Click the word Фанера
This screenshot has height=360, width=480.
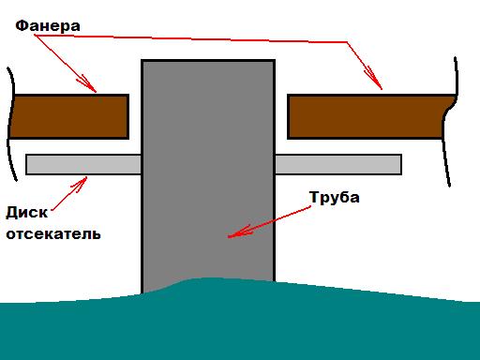coord(48,25)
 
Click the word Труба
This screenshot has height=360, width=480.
coord(335,198)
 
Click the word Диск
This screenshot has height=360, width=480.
coord(27,213)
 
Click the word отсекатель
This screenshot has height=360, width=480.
coord(53,234)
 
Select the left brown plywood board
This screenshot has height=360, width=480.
coord(68,116)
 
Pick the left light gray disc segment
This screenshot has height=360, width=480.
coord(83,164)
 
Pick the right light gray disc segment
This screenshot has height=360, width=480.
coord(338,164)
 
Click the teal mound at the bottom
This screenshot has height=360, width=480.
coord(240,322)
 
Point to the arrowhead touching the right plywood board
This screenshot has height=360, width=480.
coord(374,79)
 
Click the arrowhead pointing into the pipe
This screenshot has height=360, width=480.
coord(239,232)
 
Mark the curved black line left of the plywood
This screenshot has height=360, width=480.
coord(12,125)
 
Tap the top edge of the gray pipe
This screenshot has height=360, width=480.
coord(208,60)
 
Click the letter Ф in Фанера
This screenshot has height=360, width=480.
coord(21,25)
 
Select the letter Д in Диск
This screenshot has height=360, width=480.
coord(12,213)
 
